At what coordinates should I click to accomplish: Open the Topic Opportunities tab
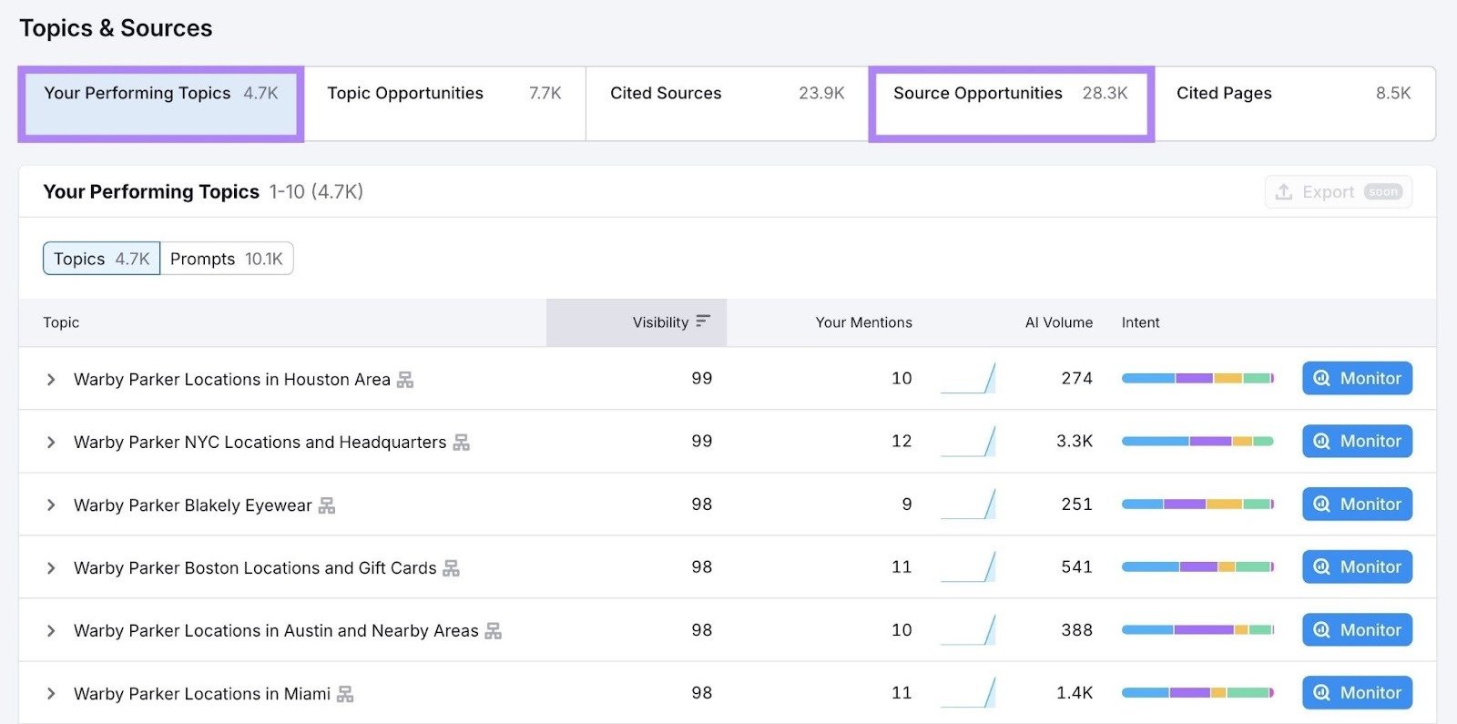[x=443, y=94]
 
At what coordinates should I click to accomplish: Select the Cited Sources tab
[x=726, y=94]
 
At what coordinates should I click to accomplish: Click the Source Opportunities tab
[x=1010, y=94]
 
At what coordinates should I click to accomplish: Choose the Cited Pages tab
[x=1293, y=94]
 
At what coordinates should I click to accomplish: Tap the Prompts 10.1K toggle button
[x=227, y=259]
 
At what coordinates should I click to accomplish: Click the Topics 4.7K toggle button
[x=101, y=259]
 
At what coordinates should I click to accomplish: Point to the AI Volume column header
[x=1058, y=322]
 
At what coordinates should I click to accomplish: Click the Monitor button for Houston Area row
[x=1357, y=378]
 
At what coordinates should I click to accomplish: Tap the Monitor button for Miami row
[x=1357, y=693]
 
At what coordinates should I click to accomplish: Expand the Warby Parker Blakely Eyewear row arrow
[x=51, y=505]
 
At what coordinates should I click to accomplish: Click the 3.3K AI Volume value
[x=1074, y=442]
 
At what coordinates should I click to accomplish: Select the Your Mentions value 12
[x=901, y=442]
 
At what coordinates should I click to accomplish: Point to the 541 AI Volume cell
[x=1076, y=567]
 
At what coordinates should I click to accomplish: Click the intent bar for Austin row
[x=1197, y=630]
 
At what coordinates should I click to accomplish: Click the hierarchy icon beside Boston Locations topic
[x=451, y=568]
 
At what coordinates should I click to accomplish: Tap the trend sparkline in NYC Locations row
[x=968, y=442]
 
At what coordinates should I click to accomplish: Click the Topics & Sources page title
[x=116, y=28]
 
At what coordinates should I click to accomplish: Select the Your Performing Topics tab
[x=160, y=94]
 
